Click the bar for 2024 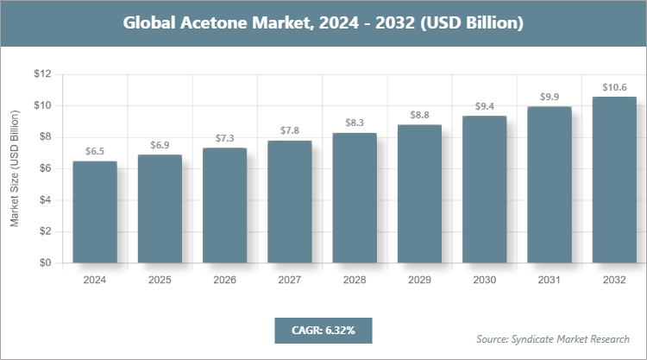pyautogui.click(x=95, y=212)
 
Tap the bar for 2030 pyautogui.click(x=484, y=189)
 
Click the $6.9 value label pyautogui.click(x=160, y=145)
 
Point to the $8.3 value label pyautogui.click(x=354, y=123)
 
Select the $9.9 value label pyautogui.click(x=549, y=97)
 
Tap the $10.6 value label pyautogui.click(x=613, y=87)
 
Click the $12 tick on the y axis pyautogui.click(x=42, y=75)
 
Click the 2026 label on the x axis pyautogui.click(x=224, y=280)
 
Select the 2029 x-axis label pyautogui.click(x=418, y=280)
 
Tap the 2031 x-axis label pyautogui.click(x=549, y=280)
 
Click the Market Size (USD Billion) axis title pyautogui.click(x=15, y=169)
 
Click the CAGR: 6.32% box pyautogui.click(x=323, y=329)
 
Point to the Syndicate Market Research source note pyautogui.click(x=553, y=338)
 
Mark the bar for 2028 pyautogui.click(x=354, y=198)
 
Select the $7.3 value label pyautogui.click(x=224, y=138)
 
